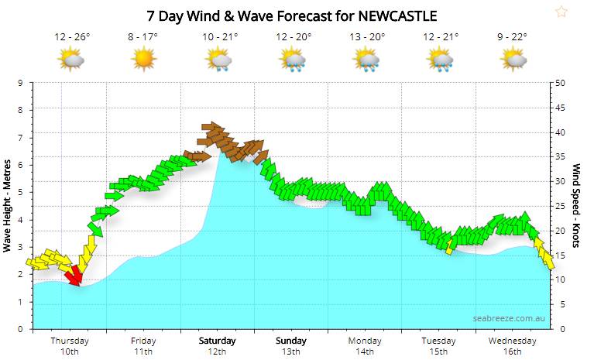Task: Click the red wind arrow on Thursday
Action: click(74, 275)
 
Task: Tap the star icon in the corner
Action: click(561, 11)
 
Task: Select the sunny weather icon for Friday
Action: click(144, 58)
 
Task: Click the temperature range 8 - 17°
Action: click(144, 36)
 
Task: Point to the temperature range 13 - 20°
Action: click(366, 36)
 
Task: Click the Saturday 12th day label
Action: click(218, 346)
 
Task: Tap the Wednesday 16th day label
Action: click(513, 346)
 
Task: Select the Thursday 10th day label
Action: click(70, 346)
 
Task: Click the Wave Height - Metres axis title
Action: click(8, 204)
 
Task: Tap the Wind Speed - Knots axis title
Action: click(577, 204)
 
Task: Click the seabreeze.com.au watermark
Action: click(509, 317)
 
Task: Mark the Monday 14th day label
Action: click(365, 346)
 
